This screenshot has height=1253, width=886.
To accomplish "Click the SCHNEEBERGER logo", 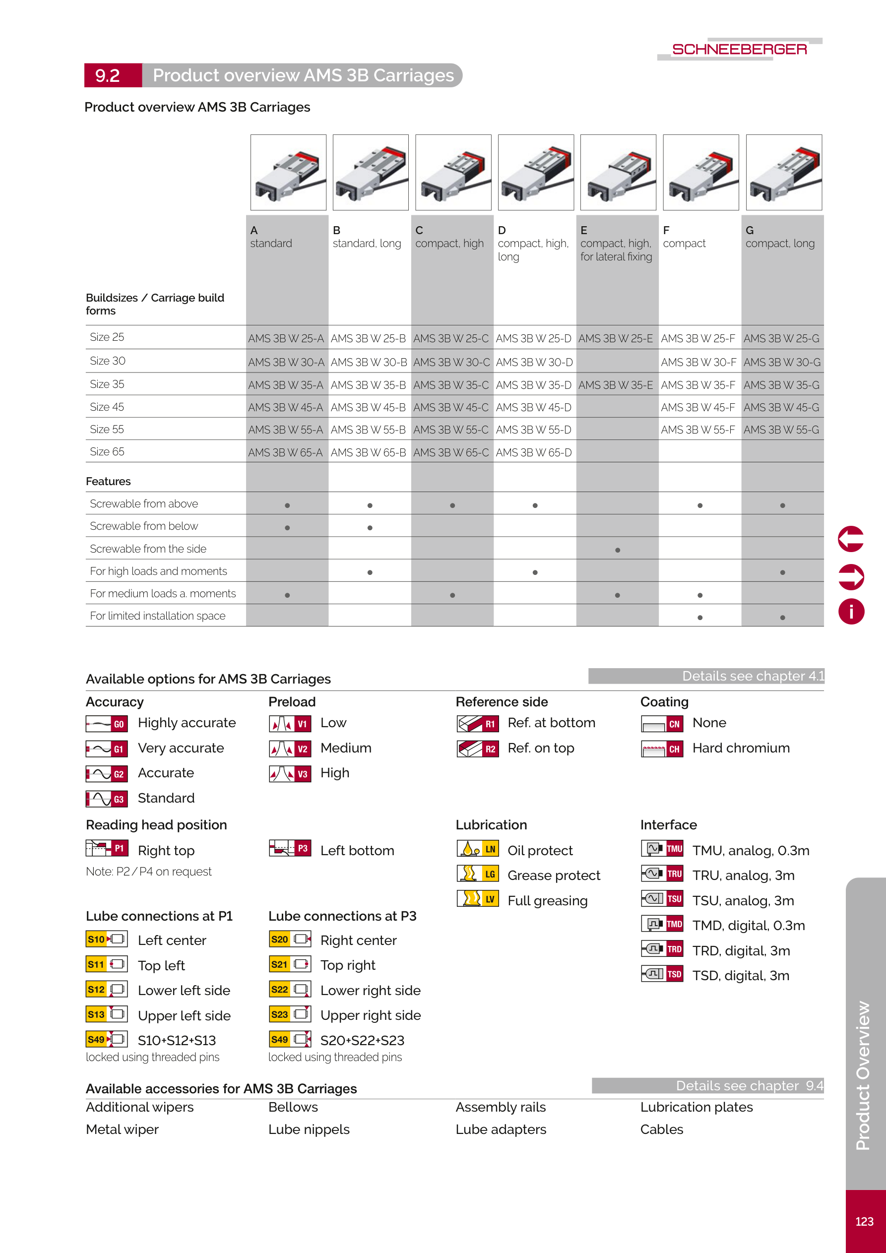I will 739,49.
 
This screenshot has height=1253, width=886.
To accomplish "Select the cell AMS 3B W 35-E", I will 616,385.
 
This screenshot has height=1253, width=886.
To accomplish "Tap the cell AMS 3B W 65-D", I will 533,452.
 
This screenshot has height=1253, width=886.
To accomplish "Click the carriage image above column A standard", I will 288,173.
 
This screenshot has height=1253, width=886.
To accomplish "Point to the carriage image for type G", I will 783,173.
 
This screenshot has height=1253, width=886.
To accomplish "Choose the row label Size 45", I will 107,407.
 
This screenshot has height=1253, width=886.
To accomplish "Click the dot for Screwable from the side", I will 618,550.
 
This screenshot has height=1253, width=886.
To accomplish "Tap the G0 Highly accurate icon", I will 107,724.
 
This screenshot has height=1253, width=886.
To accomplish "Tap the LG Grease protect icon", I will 477,874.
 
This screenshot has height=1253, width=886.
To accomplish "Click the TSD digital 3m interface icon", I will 662,974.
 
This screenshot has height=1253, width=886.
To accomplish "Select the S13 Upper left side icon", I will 107,1014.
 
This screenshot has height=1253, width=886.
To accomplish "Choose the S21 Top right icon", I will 290,964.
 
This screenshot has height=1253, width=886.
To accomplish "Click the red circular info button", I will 851,611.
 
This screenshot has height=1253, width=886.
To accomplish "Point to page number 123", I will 864,1221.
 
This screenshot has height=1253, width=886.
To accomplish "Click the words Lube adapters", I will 501,1129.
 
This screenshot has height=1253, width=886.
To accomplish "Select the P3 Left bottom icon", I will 290,849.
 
